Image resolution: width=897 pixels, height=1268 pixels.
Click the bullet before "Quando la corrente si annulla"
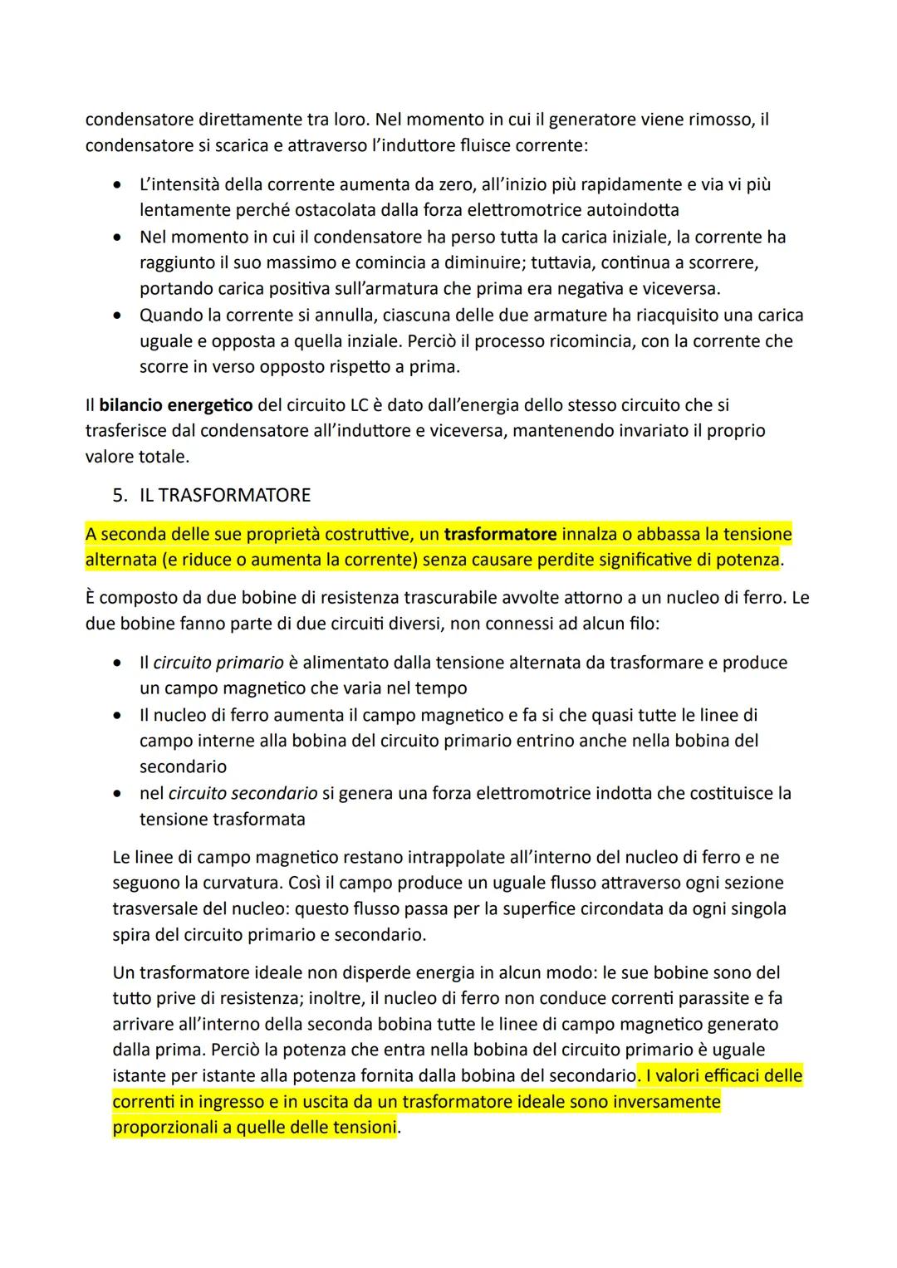tap(120, 316)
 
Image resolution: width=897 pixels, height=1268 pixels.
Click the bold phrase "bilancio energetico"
tap(175, 405)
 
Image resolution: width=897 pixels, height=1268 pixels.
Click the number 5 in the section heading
tap(120, 496)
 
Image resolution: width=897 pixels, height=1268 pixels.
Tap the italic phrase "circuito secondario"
tap(243, 794)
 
